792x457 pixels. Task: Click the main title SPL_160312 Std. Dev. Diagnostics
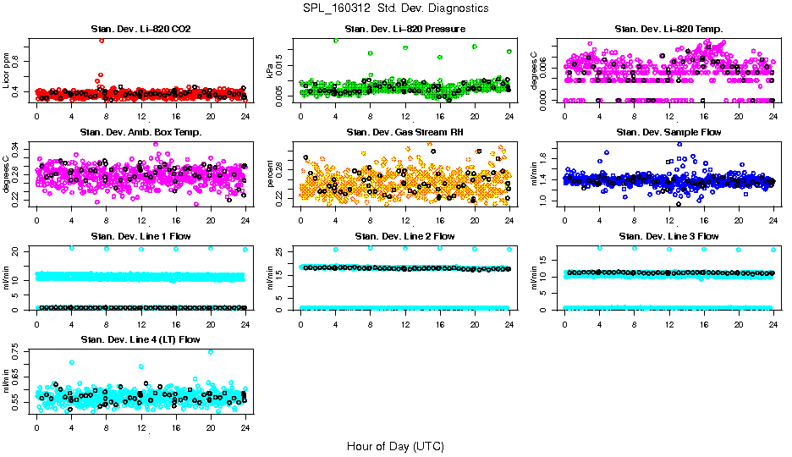click(x=395, y=8)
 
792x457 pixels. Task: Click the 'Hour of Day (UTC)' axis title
click(x=395, y=445)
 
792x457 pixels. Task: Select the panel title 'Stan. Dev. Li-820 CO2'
click(x=140, y=30)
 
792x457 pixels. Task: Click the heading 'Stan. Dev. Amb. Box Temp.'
click(x=140, y=132)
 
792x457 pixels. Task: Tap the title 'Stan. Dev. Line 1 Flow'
click(x=140, y=236)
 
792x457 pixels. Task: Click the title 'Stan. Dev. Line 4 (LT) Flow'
click(x=140, y=339)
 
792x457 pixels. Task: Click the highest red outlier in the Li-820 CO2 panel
click(x=102, y=40)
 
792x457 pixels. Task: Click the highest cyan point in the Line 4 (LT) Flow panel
click(x=211, y=351)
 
